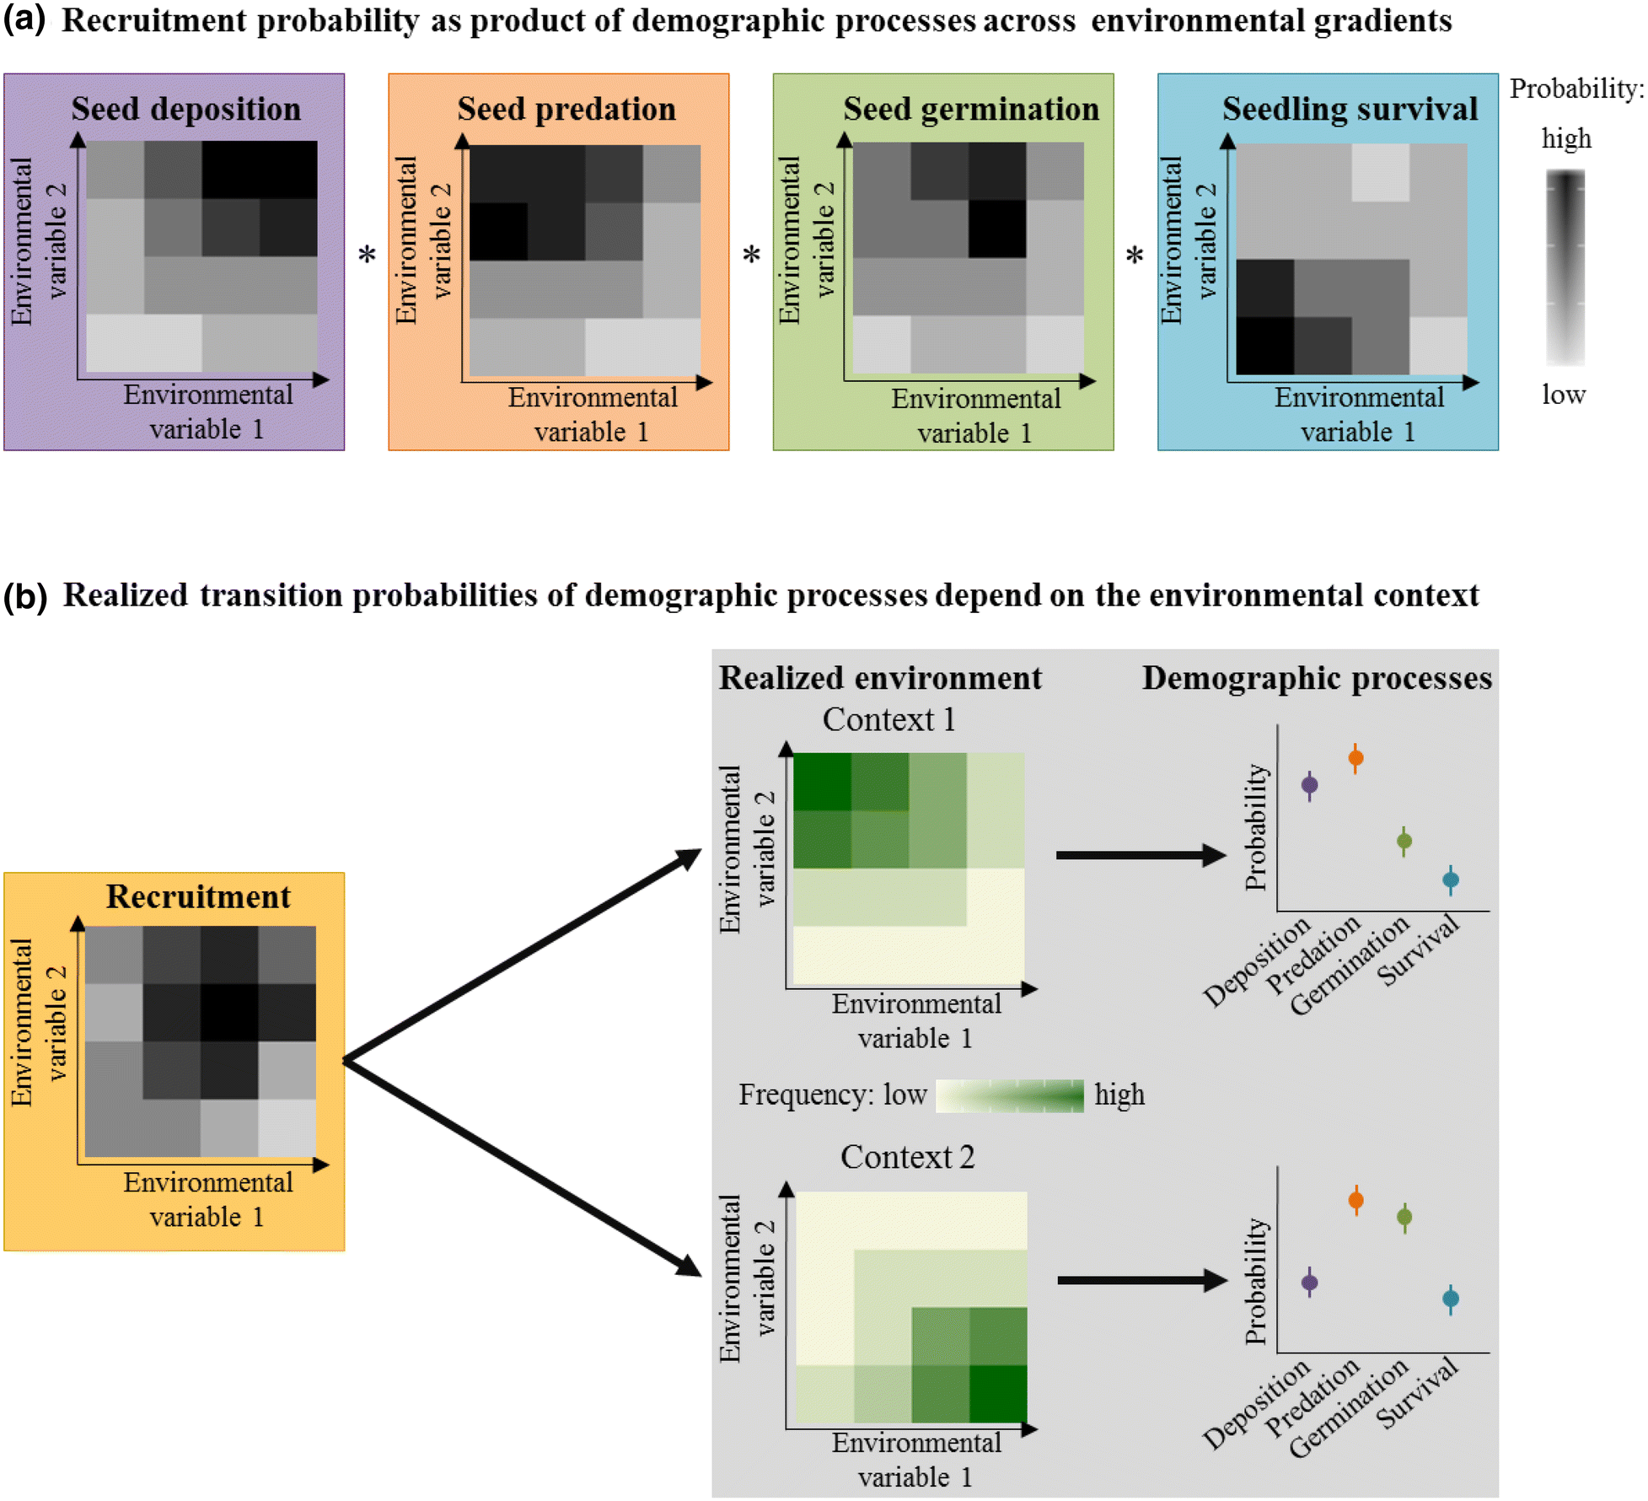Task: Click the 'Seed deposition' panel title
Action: coord(185,109)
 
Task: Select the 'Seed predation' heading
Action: coord(566,109)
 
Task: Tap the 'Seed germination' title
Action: coord(971,109)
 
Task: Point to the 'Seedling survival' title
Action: coord(1350,109)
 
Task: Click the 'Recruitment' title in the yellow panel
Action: coord(198,896)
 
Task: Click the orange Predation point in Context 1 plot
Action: coord(1355,757)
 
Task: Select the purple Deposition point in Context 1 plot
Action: coord(1309,785)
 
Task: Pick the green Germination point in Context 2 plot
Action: coord(1404,1217)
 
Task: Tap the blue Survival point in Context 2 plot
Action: coord(1451,1299)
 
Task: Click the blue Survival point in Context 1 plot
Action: coord(1451,880)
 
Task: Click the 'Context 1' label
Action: coord(888,719)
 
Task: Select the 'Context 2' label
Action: coord(907,1157)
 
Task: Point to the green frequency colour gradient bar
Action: coord(1009,1095)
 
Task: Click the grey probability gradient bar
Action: coord(1565,266)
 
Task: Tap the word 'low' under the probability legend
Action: coord(1564,394)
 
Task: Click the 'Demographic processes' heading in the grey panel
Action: coord(1317,678)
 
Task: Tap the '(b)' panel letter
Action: coord(25,595)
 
